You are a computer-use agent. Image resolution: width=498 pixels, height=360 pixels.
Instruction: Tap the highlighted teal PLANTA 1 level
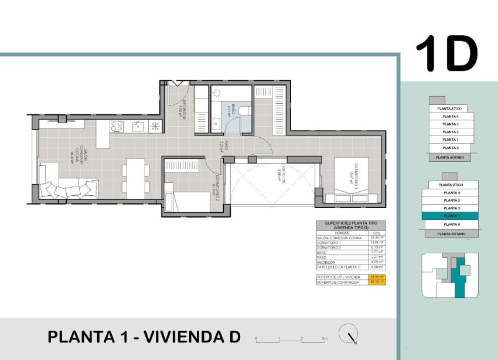(451, 216)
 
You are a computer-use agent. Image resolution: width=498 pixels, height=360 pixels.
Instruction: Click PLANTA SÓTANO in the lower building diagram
(451, 233)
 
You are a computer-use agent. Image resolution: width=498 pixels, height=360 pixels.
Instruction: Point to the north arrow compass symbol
(350, 334)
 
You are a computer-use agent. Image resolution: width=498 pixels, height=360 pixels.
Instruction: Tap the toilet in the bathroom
(245, 110)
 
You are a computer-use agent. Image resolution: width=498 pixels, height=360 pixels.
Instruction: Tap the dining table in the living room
(135, 178)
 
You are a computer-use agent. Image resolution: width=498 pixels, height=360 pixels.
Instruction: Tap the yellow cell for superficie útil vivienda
(377, 277)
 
